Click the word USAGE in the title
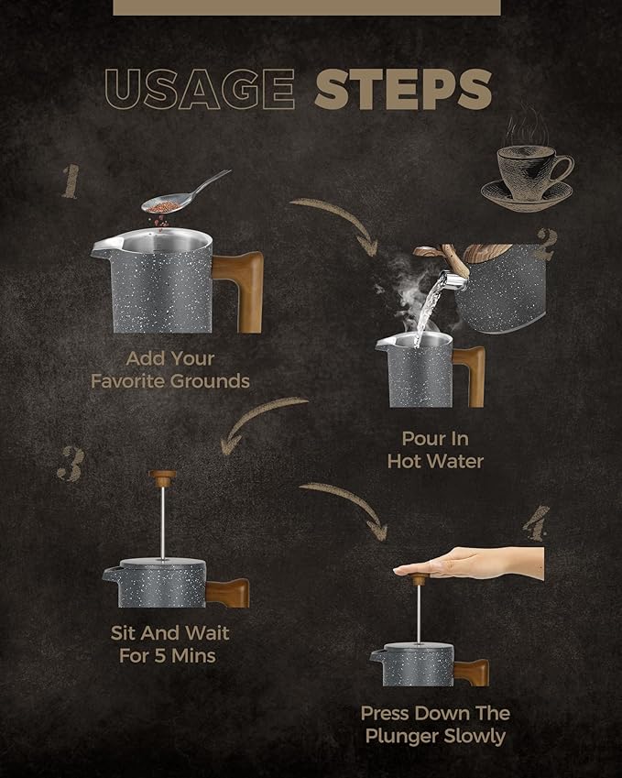[x=200, y=89]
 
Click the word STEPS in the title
[x=403, y=89]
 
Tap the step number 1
[x=71, y=181]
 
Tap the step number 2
[x=547, y=244]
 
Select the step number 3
[x=70, y=464]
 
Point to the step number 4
[x=537, y=523]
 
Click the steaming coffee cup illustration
[x=528, y=164]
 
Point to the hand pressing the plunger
[x=469, y=564]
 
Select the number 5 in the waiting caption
[x=159, y=656]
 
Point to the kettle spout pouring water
[x=453, y=279]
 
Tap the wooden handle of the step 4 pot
[x=471, y=673]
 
